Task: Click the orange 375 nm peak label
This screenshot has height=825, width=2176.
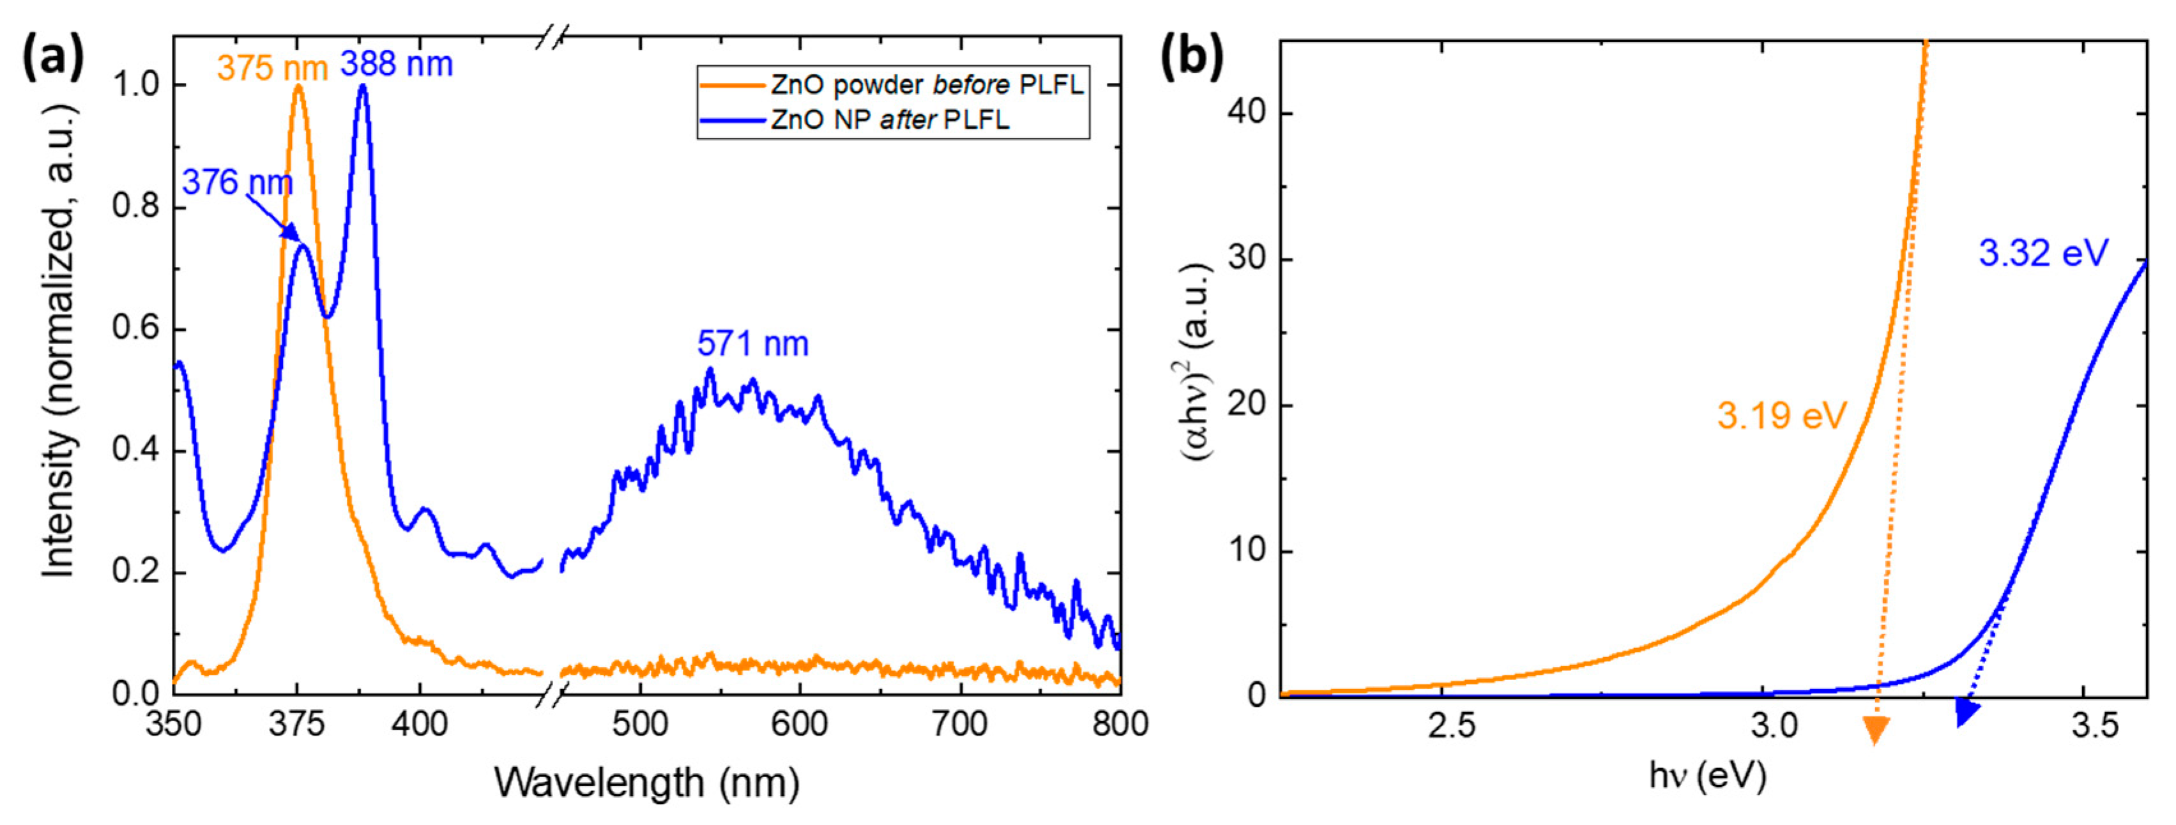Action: (272, 68)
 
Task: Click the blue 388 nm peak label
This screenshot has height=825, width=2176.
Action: (396, 64)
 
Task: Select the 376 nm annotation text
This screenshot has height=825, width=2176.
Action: (238, 183)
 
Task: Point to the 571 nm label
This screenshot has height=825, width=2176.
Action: (752, 344)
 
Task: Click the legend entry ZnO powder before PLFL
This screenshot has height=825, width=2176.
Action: (927, 86)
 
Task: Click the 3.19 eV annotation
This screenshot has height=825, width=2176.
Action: (1783, 416)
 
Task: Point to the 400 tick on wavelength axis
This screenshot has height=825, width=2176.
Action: (419, 725)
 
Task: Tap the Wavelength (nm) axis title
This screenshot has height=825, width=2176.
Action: (646, 782)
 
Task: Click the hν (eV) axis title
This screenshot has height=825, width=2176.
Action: (1707, 775)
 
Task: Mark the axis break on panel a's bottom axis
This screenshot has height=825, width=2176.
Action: (552, 694)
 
